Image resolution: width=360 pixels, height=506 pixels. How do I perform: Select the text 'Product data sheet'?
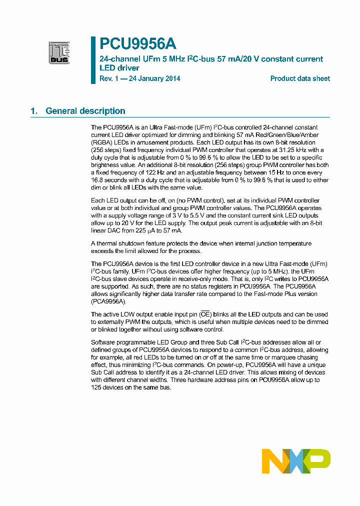pyautogui.click(x=300, y=78)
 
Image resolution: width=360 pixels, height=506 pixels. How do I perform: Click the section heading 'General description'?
pyautogui.click(x=85, y=111)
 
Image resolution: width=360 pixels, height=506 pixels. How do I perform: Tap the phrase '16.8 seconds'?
pyautogui.click(x=108, y=180)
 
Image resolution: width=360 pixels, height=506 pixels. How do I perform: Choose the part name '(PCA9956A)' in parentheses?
pyautogui.click(x=109, y=301)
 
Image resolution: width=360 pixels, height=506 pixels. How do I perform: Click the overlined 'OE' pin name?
pyautogui.click(x=205, y=314)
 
